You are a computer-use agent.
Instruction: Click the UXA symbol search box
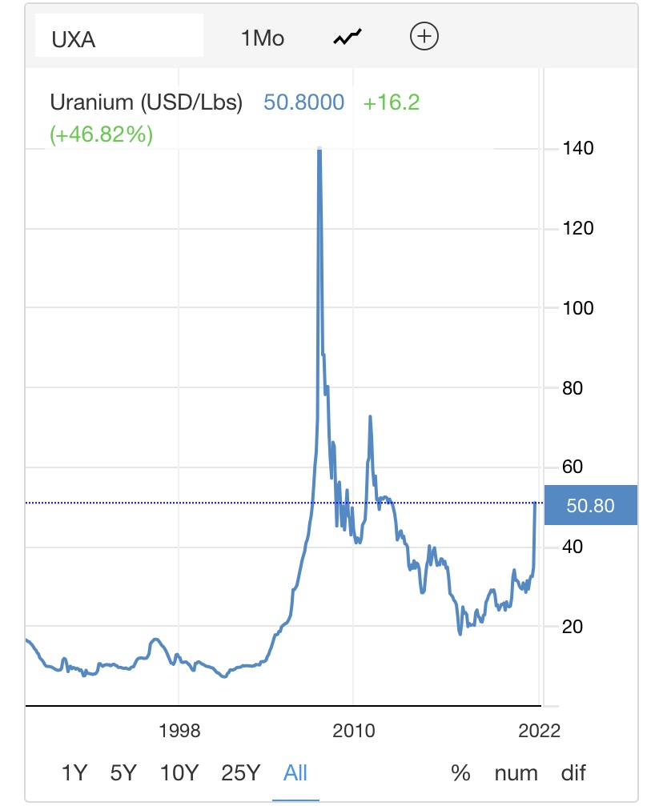[x=119, y=38]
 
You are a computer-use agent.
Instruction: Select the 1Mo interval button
[x=263, y=38]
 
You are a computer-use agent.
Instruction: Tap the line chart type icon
[x=348, y=37]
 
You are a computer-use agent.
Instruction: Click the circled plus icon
[x=424, y=36]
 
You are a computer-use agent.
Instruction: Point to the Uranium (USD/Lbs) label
[x=147, y=102]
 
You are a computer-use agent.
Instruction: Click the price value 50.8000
[x=304, y=102]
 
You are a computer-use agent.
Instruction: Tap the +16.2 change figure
[x=392, y=102]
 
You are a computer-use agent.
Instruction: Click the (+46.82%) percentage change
[x=101, y=134]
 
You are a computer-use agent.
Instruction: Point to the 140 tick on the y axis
[x=577, y=149]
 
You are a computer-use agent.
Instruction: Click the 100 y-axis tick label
[x=577, y=308]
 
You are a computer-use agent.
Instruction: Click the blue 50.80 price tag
[x=590, y=505]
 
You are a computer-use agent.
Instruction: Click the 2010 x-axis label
[x=354, y=731]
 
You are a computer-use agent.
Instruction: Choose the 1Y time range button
[x=74, y=772]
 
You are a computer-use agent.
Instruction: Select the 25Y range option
[x=240, y=772]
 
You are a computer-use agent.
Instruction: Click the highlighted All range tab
[x=295, y=772]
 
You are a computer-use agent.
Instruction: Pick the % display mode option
[x=460, y=772]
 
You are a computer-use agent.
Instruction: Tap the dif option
[x=573, y=772]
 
